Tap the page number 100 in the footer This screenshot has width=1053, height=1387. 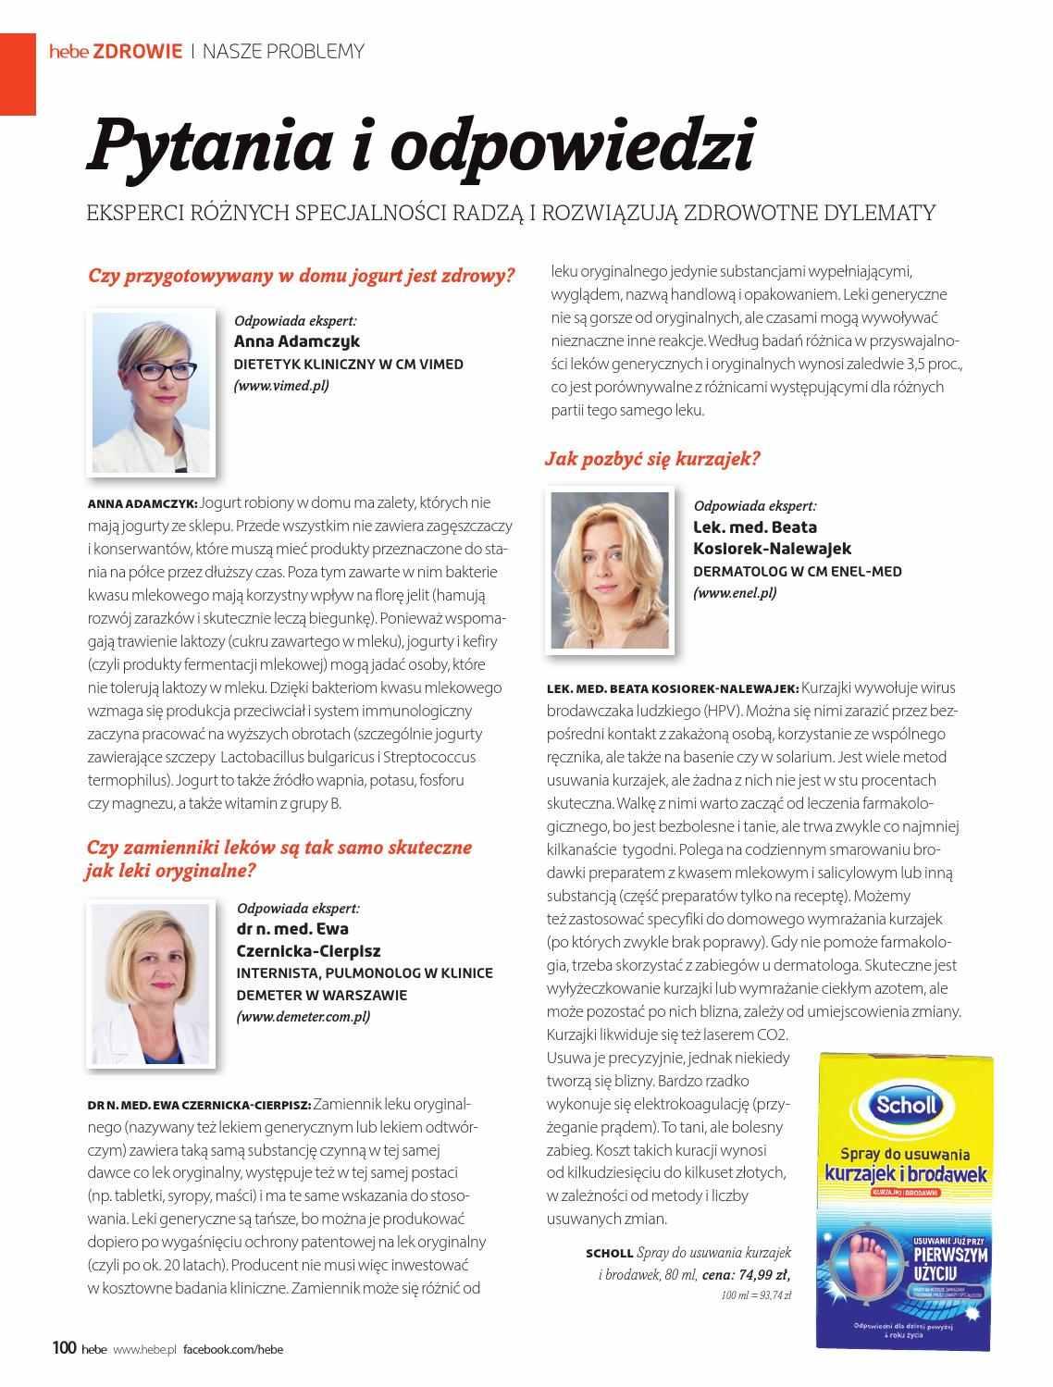click(x=64, y=1347)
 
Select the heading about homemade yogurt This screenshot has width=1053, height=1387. click(x=301, y=276)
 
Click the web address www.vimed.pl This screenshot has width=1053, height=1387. click(x=281, y=385)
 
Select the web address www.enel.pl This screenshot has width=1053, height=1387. click(x=735, y=592)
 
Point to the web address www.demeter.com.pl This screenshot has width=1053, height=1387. click(x=303, y=1016)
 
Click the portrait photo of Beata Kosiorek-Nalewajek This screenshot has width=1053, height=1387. click(x=610, y=569)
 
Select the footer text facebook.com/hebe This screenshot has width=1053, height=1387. click(x=232, y=1348)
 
